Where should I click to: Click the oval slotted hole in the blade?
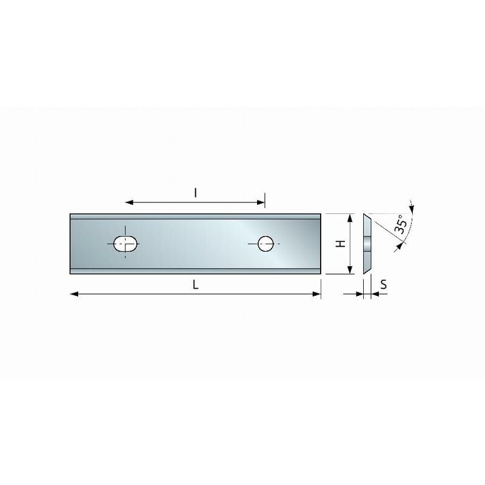point(125,244)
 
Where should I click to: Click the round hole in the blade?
point(266,244)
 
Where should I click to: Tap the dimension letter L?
point(195,284)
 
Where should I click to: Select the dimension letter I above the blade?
point(195,193)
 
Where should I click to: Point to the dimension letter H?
point(341,244)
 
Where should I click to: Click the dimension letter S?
point(384,284)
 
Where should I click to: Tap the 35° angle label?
point(401,224)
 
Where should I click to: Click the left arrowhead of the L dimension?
point(74,294)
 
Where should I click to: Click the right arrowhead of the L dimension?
point(316,294)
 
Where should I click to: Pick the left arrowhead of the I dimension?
point(129,202)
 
